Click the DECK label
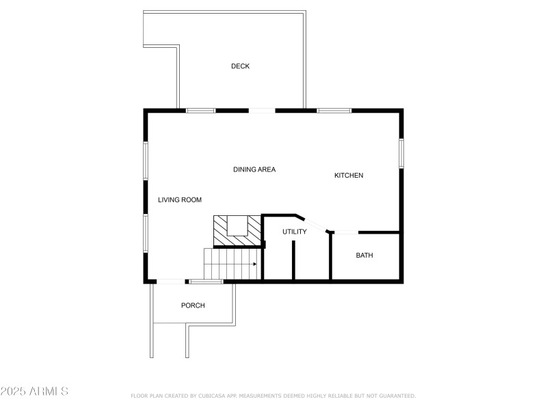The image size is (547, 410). click(240, 66)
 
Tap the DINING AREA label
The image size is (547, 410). click(254, 169)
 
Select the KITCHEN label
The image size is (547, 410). click(349, 176)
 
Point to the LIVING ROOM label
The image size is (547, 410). click(180, 200)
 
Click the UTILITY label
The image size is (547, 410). click(295, 232)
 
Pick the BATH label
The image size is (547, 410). click(364, 256)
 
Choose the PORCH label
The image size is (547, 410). click(193, 305)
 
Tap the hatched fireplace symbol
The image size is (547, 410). click(237, 230)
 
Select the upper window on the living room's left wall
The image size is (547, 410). click(145, 161)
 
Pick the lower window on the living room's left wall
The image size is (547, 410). click(145, 233)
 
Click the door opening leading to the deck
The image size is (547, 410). click(262, 110)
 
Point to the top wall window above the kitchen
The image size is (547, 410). click(334, 110)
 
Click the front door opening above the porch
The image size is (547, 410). click(170, 281)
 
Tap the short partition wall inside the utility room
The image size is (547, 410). click(293, 260)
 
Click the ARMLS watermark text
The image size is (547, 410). click(34, 392)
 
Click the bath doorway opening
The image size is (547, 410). click(345, 233)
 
